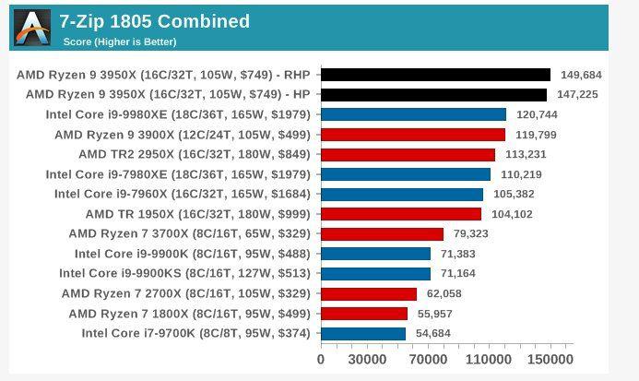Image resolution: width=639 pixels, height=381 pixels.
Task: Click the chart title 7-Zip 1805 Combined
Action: (154, 21)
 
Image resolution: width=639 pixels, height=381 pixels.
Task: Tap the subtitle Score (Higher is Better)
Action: (119, 42)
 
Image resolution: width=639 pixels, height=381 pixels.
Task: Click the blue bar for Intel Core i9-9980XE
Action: (413, 114)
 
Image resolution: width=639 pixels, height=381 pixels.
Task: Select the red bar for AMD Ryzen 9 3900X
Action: (412, 135)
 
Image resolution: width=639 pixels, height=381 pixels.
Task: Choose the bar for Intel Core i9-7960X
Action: (401, 194)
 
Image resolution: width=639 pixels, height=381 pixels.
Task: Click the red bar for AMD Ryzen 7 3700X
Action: (382, 234)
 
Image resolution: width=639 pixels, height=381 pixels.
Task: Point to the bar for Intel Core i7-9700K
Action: (362, 333)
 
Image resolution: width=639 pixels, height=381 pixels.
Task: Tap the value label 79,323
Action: (472, 234)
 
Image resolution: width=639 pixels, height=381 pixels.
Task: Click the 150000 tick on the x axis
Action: (550, 360)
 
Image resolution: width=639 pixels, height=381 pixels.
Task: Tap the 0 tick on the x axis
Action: (321, 360)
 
